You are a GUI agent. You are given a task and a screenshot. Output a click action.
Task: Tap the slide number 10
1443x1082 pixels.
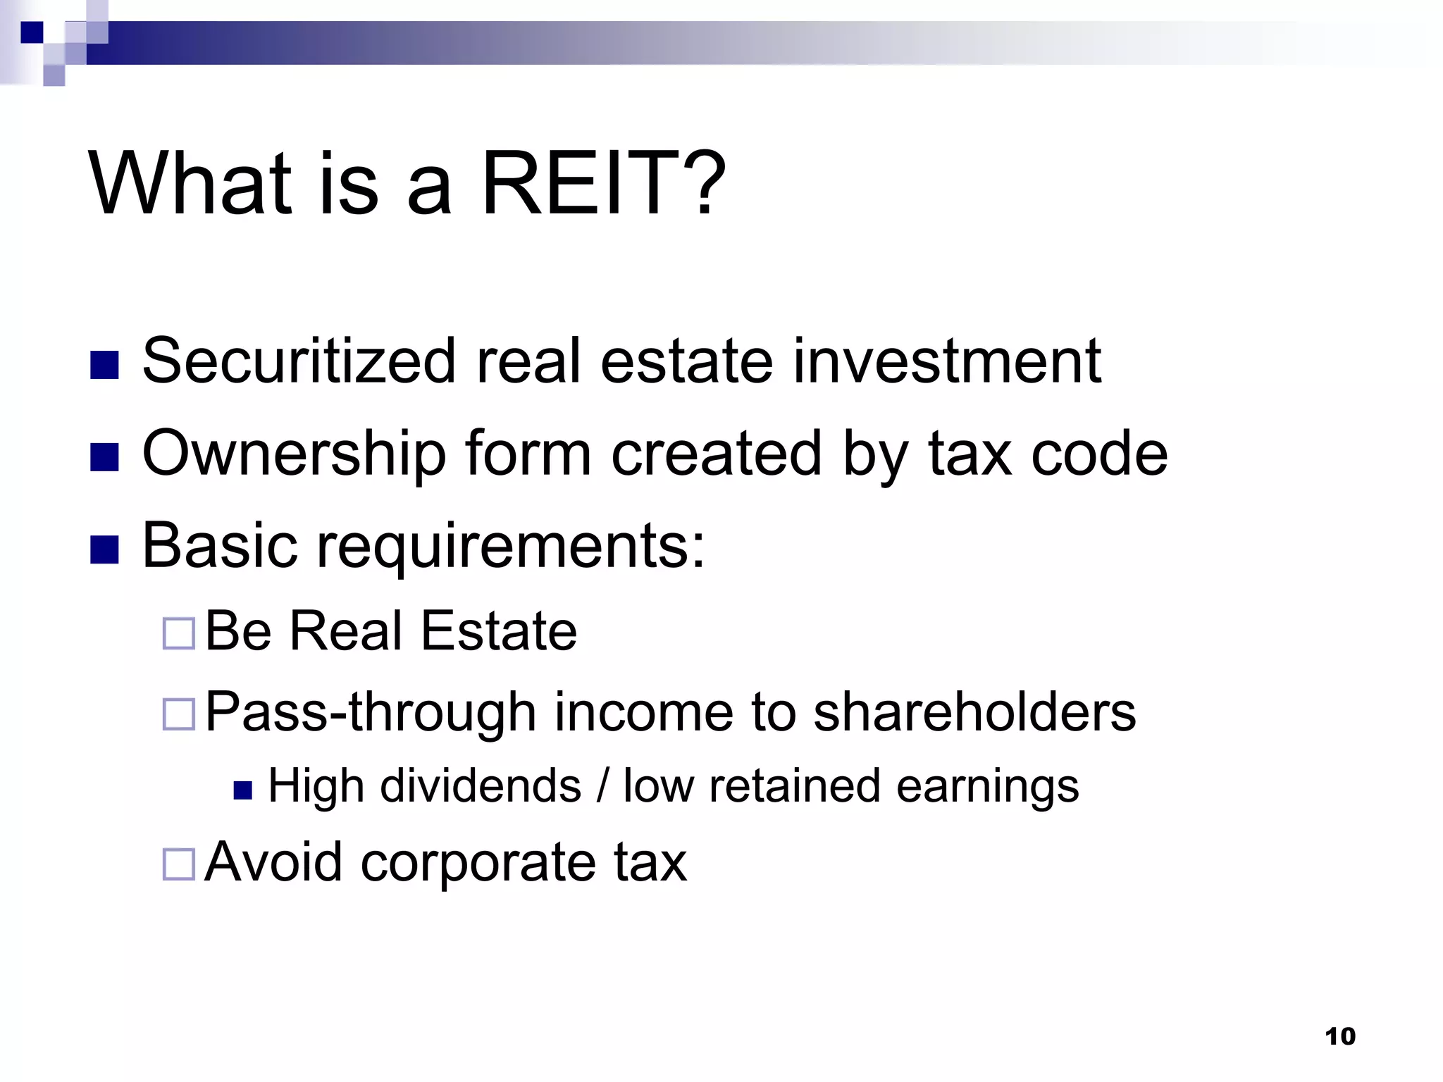[x=1339, y=1036]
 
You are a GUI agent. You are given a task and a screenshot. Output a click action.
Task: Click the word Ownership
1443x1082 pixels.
[x=295, y=454]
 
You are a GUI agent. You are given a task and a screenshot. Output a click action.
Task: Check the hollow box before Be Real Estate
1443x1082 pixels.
[x=178, y=633]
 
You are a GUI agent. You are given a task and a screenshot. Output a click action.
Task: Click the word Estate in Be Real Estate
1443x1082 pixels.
[x=499, y=630]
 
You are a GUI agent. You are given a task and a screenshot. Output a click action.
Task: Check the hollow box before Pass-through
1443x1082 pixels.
[x=178, y=714]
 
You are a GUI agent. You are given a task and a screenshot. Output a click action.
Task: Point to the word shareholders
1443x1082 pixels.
[x=974, y=711]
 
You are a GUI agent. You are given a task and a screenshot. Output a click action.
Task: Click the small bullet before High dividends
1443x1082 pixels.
[x=242, y=790]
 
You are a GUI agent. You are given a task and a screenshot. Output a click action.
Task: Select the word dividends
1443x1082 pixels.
[x=481, y=785]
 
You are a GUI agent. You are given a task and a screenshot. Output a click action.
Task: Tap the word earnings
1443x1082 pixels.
[x=987, y=787]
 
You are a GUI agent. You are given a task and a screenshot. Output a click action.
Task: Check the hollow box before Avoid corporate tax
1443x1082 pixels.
[x=178, y=864]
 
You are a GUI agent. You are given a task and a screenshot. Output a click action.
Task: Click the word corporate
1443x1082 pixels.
[x=478, y=862]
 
